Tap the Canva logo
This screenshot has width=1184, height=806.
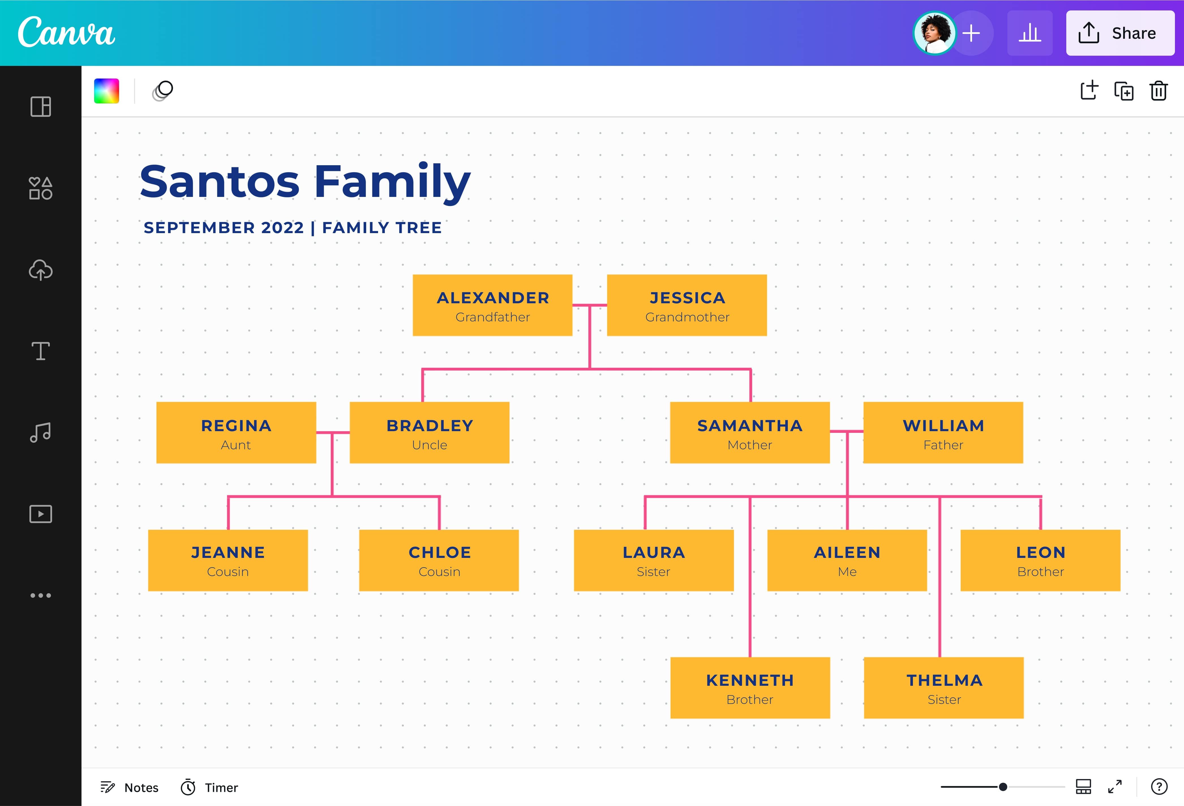66,32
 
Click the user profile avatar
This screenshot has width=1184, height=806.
934,33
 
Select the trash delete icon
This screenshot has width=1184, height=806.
1158,91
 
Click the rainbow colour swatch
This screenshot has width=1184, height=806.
106,91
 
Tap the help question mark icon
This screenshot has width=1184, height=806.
1159,787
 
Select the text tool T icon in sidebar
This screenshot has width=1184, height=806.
41,351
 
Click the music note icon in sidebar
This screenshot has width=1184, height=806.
41,433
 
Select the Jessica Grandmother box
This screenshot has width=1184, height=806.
687,305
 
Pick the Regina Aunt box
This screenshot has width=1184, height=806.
236,433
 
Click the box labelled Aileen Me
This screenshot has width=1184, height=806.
847,560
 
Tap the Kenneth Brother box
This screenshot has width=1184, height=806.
750,688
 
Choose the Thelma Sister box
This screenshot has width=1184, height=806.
943,688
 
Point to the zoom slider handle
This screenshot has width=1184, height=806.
1003,787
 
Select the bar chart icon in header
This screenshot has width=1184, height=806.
1029,33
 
